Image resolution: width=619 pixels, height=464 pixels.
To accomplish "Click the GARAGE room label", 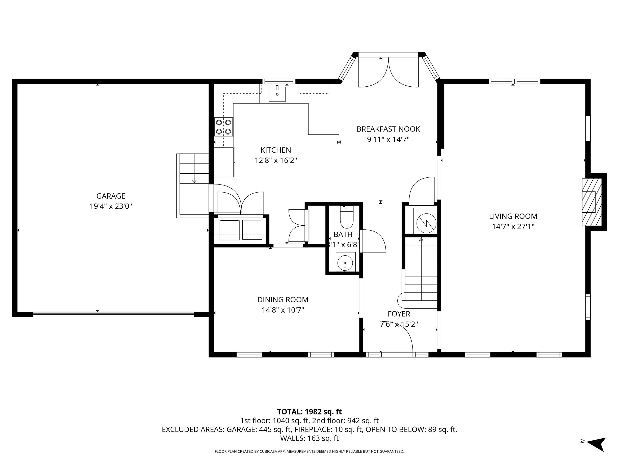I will coord(111,196).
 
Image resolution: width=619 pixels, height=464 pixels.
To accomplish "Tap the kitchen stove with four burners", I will coord(224,127).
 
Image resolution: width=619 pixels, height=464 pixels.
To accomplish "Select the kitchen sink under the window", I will coord(277,94).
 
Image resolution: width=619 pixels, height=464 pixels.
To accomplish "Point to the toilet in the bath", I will coord(347,218).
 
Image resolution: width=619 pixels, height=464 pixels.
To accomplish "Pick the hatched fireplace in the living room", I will coord(592,202).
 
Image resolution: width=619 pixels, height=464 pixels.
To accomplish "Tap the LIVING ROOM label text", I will coord(513,216).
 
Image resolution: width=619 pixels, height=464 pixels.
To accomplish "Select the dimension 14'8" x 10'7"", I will coord(283,310).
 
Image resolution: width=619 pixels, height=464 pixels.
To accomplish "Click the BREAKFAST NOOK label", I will coord(388,129).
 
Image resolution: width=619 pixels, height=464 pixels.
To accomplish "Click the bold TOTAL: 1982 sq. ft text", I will coord(309,412).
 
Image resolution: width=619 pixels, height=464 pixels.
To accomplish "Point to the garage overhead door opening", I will coord(114,314).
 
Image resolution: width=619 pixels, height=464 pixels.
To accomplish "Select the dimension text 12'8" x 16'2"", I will coord(276,161).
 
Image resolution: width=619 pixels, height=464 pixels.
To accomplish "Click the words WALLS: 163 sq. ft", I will coord(309,438).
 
